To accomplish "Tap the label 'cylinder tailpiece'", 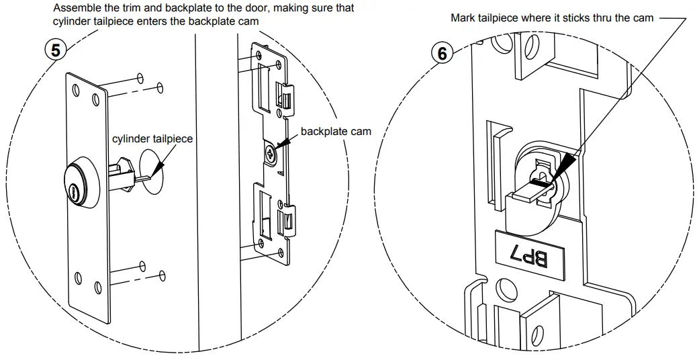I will click(152, 138).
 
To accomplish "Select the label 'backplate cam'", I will click(336, 131).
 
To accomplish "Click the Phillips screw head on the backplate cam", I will click(271, 153).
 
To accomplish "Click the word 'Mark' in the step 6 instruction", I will click(463, 18).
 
